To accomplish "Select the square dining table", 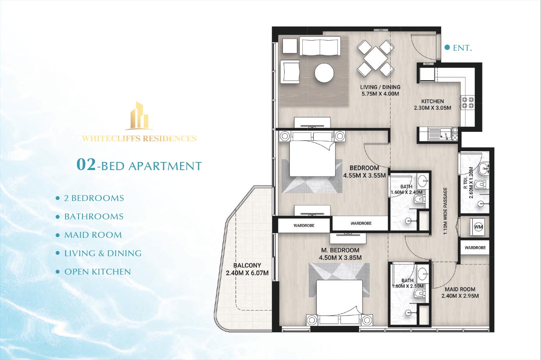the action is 376,58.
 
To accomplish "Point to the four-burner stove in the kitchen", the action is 468,102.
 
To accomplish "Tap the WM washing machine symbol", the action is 478,227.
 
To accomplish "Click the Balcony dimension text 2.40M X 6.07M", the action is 247,273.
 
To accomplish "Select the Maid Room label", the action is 460,289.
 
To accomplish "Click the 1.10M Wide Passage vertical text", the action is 446,211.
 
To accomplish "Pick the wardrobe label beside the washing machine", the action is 475,247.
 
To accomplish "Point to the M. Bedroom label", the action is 340,250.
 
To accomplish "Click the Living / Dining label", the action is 380,87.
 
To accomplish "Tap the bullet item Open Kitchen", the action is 98,272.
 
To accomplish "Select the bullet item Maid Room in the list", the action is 93,235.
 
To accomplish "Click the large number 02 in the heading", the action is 86,165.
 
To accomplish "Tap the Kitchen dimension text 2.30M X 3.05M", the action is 433,108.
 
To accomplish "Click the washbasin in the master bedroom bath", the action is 423,273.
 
